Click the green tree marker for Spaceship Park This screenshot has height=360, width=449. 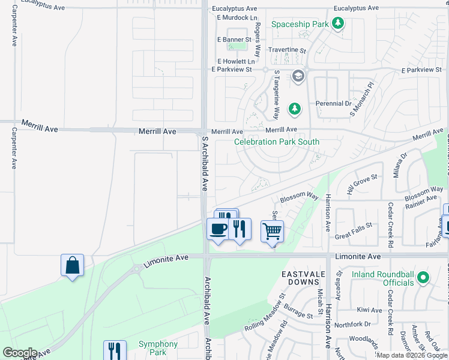pos(339,24)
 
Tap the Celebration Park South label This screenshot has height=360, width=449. pos(276,142)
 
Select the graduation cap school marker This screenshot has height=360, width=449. pos(298,76)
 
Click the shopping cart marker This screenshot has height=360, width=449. pos(273,231)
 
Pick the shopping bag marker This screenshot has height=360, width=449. pos(72,265)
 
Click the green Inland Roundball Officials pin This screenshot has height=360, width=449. pos(423,277)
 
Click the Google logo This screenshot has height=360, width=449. pos(19,353)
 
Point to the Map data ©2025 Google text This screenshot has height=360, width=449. pos(412,355)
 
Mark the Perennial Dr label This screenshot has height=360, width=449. pos(334,103)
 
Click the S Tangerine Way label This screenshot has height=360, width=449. pos(277,95)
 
